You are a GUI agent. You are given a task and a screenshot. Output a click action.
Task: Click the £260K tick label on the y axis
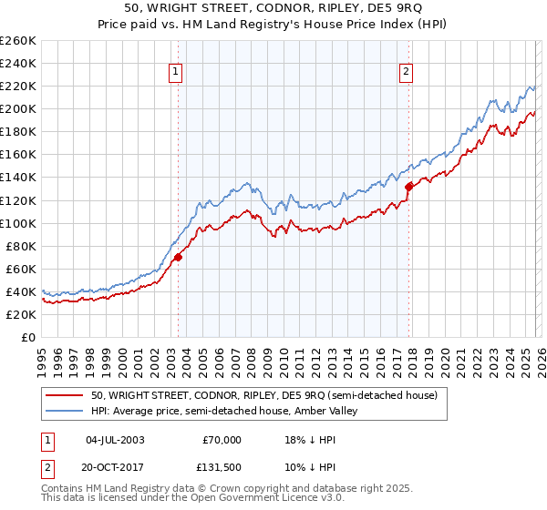18,41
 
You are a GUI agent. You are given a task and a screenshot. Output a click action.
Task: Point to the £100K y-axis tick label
18,223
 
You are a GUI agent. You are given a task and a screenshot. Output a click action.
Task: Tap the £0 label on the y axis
28,337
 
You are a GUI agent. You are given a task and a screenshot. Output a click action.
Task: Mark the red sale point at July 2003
178,258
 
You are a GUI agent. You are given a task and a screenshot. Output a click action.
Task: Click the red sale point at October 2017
408,187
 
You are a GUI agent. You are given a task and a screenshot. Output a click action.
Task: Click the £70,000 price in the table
222,439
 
